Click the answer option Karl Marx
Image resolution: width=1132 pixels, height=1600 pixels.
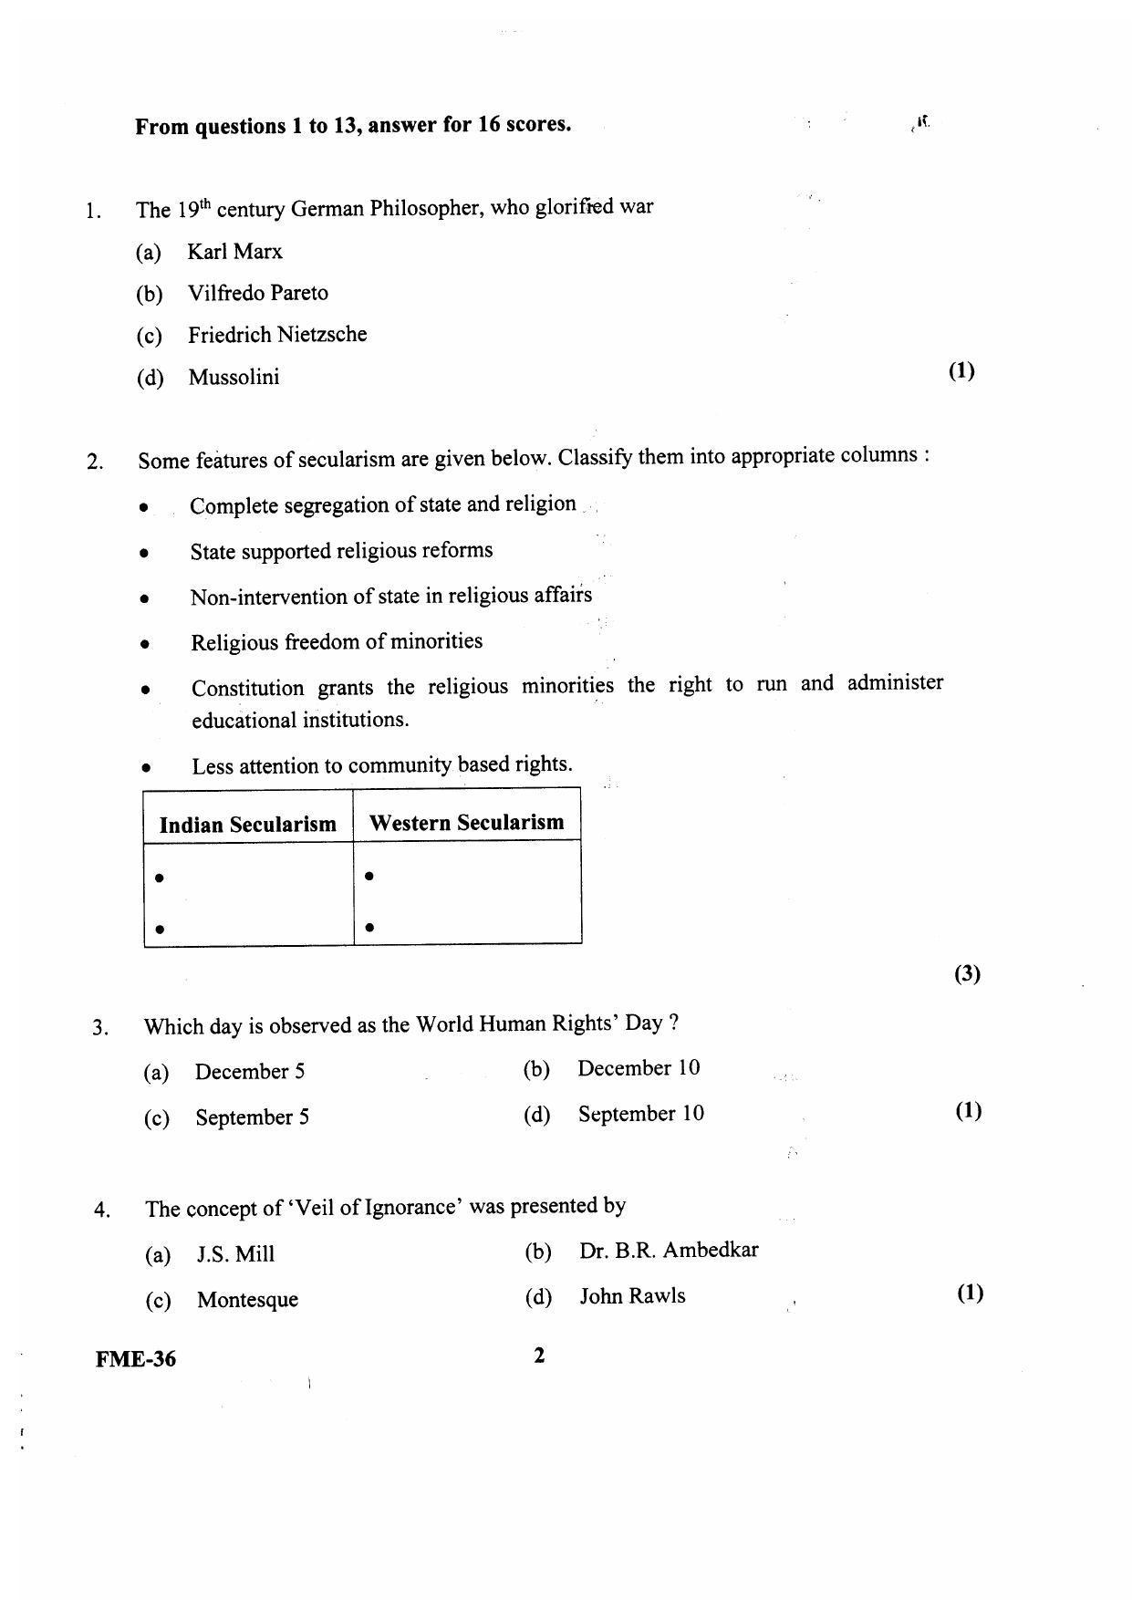pyautogui.click(x=234, y=252)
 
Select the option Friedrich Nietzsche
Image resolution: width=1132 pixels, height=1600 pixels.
pyautogui.click(x=277, y=335)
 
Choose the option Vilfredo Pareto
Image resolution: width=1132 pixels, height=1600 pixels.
pyautogui.click(x=257, y=293)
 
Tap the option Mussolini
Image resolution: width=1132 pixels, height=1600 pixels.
pyautogui.click(x=234, y=377)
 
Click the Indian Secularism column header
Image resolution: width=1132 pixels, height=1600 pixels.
pyautogui.click(x=247, y=825)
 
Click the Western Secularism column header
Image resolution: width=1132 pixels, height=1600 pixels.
pyautogui.click(x=466, y=823)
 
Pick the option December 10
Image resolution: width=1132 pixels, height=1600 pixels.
pyautogui.click(x=638, y=1068)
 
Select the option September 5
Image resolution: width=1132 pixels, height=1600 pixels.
pyautogui.click(x=252, y=1117)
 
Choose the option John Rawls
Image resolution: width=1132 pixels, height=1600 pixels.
pyautogui.click(x=632, y=1296)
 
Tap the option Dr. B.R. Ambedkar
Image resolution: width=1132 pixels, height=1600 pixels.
pyautogui.click(x=668, y=1251)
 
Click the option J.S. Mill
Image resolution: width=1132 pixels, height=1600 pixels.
pyautogui.click(x=235, y=1254)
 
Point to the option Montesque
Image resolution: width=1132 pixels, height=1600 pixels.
pyautogui.click(x=247, y=1300)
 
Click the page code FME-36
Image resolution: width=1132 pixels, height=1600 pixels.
pyautogui.click(x=136, y=1359)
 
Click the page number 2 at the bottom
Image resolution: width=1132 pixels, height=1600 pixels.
pyautogui.click(x=539, y=1356)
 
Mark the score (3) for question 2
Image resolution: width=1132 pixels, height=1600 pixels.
pyautogui.click(x=967, y=974)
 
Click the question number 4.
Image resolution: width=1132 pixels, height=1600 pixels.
pyautogui.click(x=101, y=1210)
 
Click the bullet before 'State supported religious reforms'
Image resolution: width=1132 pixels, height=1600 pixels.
pyautogui.click(x=144, y=553)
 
